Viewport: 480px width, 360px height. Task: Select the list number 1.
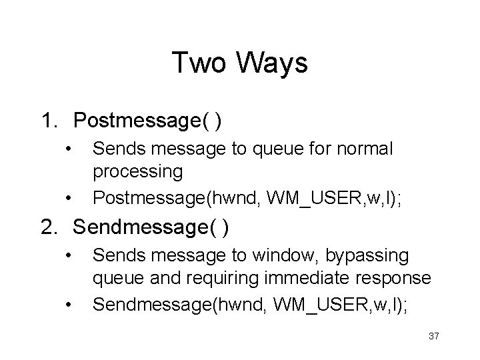(x=49, y=121)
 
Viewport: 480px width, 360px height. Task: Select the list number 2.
(x=49, y=228)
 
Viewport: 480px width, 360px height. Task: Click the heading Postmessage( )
(x=148, y=121)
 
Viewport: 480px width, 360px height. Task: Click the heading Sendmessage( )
(x=151, y=228)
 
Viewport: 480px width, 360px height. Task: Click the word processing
(x=138, y=172)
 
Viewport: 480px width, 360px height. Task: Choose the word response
(x=394, y=279)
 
